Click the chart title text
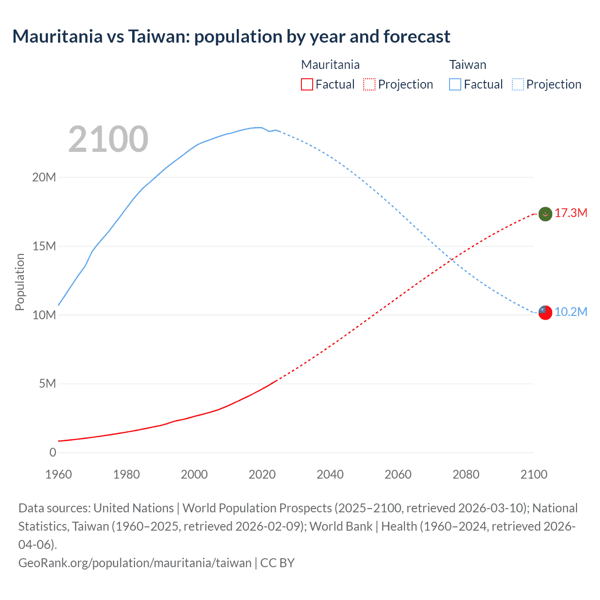231,37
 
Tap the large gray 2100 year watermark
108,139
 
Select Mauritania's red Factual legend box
307,84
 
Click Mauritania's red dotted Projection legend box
369,84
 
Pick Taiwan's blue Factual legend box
455,84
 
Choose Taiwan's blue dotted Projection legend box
517,84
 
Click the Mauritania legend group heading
330,65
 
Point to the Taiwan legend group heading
467,65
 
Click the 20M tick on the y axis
44,177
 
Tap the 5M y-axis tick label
47,384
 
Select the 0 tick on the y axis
52,452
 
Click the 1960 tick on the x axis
59,474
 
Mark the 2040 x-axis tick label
330,474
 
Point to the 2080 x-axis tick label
466,474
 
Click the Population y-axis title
20,282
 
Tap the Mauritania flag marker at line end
545,214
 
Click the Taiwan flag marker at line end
545,313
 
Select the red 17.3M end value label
570,213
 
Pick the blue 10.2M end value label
570,312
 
